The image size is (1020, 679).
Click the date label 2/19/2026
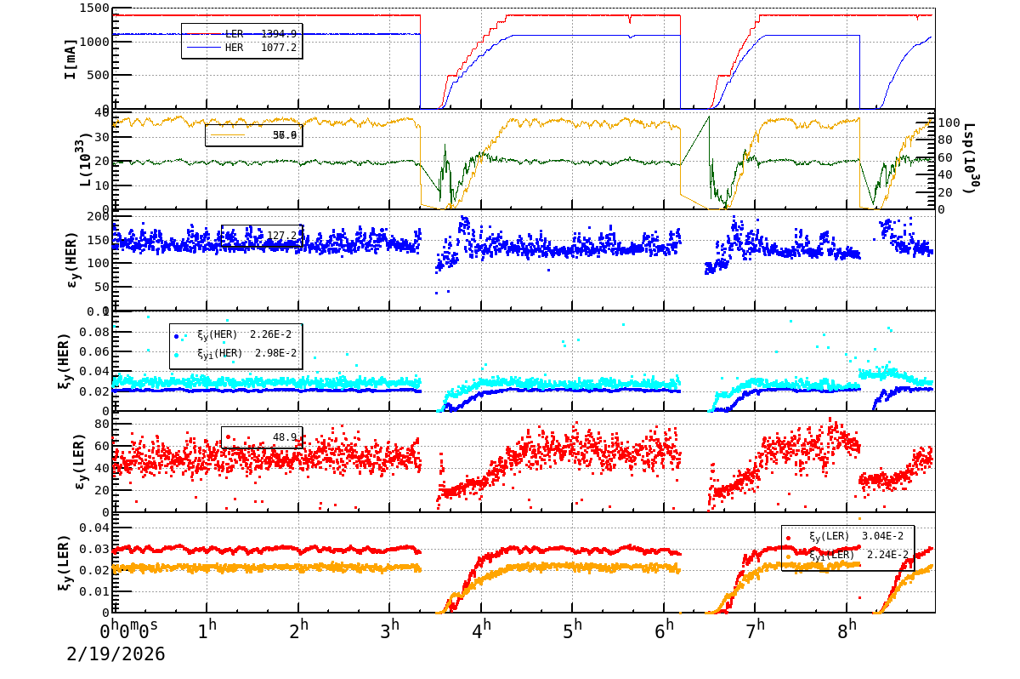(116, 654)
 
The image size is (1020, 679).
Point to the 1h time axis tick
(207, 631)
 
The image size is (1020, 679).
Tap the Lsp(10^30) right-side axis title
(969, 159)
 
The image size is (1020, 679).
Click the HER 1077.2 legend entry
(242, 48)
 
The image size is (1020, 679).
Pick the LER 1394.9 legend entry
(242, 34)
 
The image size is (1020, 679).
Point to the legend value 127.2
(284, 236)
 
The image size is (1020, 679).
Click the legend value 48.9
(284, 437)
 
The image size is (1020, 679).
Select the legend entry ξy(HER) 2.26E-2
(235, 335)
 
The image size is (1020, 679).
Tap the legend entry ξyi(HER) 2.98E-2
(235, 353)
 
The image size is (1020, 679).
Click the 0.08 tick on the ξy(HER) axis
(95, 331)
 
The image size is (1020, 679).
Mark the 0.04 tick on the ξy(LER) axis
(95, 528)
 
